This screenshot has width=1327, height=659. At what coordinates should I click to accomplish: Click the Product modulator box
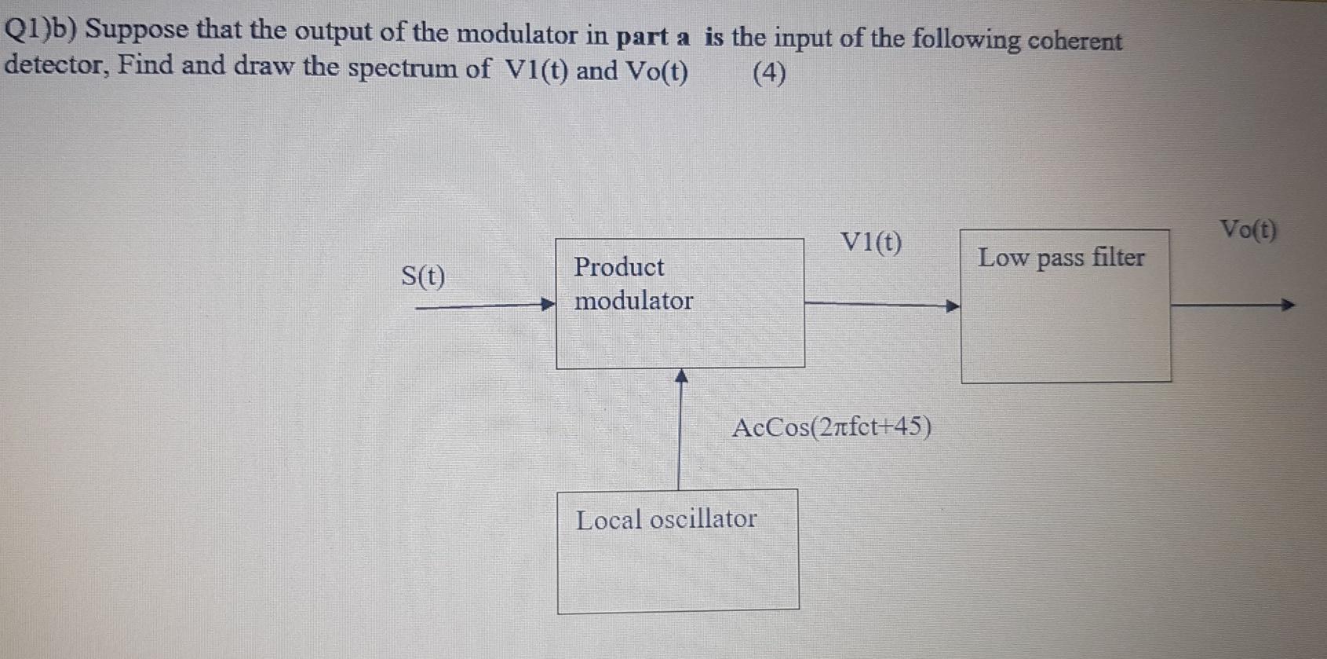point(680,303)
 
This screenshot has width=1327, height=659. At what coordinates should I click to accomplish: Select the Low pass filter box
point(1066,306)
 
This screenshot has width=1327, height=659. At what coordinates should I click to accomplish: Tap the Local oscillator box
point(678,551)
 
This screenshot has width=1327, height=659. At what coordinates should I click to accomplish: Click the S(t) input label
point(423,276)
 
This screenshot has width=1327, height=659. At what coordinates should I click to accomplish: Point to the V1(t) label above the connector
point(871,243)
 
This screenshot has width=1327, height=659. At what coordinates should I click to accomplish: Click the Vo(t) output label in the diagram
point(1248,230)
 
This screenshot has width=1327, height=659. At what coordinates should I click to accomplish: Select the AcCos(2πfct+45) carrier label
point(832,428)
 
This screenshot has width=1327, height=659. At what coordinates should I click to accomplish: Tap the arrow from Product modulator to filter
point(882,305)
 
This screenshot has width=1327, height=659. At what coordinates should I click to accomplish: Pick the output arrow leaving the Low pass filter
point(1232,305)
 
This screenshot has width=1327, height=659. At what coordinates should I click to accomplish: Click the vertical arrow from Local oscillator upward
point(680,429)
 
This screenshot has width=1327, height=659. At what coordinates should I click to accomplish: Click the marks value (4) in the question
point(769,73)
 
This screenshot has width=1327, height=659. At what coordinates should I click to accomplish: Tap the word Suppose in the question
point(137,30)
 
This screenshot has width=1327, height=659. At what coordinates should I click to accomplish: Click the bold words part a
point(653,36)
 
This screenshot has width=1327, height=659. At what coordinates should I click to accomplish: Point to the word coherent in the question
point(1074,41)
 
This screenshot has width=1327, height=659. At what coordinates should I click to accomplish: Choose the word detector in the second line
point(55,64)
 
